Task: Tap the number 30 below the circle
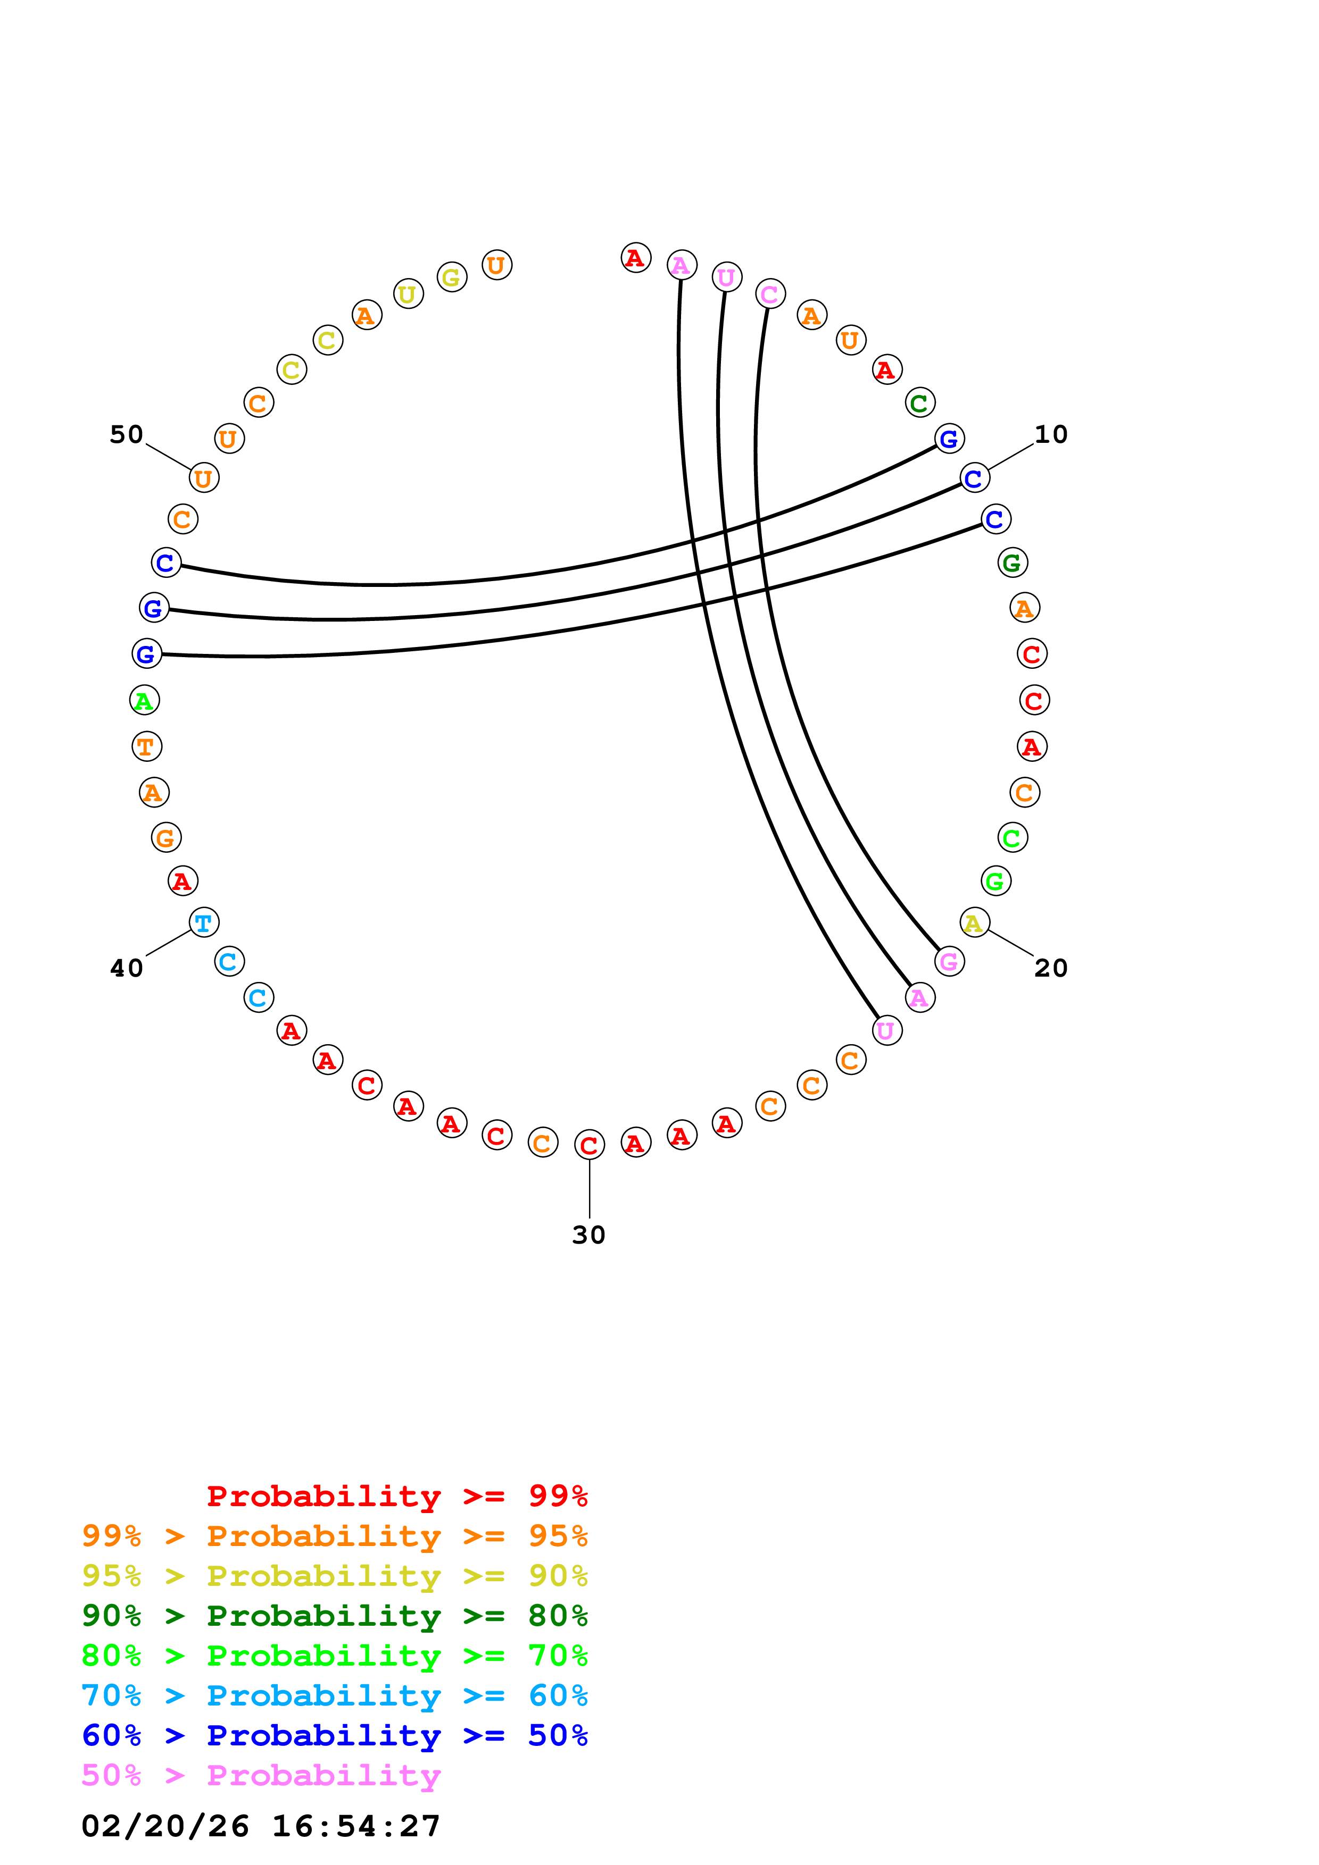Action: (x=588, y=1234)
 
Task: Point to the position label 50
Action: (x=126, y=434)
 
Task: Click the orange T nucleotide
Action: (x=146, y=746)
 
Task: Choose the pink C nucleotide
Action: (x=769, y=293)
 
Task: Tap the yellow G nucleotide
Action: (x=451, y=277)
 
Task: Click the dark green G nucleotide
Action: (x=1012, y=561)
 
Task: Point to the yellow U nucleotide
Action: (x=408, y=293)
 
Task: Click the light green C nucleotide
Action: (x=1012, y=837)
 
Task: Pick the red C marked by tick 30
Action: (x=589, y=1145)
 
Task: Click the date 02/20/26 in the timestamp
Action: (x=165, y=1825)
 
